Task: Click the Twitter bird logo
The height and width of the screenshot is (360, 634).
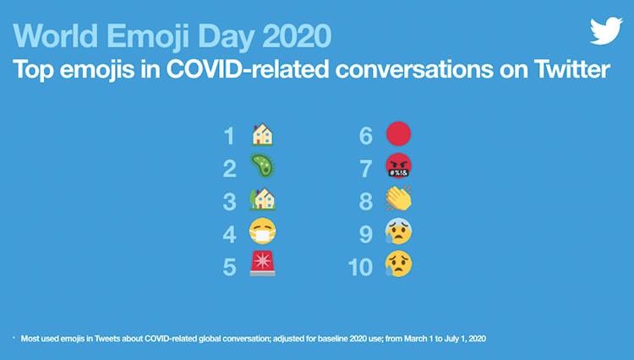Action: tap(606, 30)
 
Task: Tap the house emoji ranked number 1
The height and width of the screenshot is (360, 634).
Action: tap(262, 134)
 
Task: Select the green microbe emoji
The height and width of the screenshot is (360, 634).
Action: tap(262, 166)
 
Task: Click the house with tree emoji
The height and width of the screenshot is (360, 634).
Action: tap(262, 199)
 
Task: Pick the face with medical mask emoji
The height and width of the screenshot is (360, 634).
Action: tap(262, 232)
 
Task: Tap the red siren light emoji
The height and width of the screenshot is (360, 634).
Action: tap(262, 264)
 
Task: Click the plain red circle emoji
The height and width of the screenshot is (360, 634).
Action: tap(399, 134)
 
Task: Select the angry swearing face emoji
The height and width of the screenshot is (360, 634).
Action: tap(399, 166)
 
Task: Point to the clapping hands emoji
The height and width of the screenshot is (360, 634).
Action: tap(399, 199)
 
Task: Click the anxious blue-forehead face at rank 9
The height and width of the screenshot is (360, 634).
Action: tap(399, 232)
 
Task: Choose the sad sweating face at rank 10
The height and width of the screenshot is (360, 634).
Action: tap(399, 265)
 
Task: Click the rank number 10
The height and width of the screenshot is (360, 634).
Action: tap(360, 267)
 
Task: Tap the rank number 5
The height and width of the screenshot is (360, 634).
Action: tap(229, 267)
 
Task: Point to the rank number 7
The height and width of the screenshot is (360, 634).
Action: tap(366, 169)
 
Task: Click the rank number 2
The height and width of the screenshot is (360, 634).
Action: tap(229, 169)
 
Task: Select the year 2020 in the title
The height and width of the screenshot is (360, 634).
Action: tap(297, 36)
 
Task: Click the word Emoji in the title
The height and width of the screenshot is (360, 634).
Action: tap(149, 37)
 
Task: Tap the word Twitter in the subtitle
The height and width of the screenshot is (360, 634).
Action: tap(571, 69)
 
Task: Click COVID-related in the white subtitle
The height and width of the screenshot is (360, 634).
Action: tap(248, 69)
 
